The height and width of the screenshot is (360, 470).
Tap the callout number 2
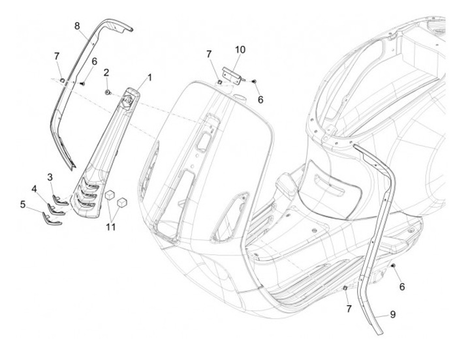click(106, 72)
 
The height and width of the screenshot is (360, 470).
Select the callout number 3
click(50, 177)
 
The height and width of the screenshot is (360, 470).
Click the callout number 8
click(77, 26)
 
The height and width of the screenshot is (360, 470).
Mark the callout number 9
click(393, 314)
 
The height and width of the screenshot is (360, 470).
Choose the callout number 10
click(240, 50)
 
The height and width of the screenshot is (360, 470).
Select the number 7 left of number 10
click(209, 53)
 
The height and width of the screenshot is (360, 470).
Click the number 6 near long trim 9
click(402, 286)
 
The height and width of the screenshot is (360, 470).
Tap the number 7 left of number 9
click(348, 307)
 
